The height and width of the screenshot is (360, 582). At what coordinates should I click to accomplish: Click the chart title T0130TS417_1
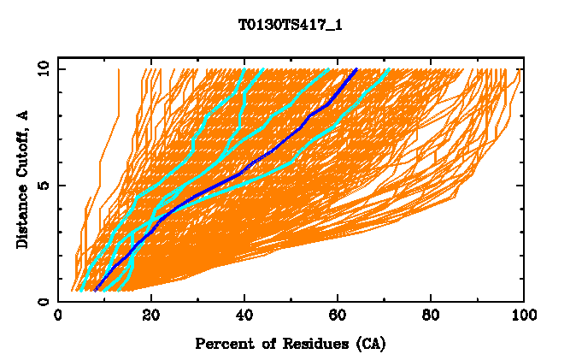(291, 24)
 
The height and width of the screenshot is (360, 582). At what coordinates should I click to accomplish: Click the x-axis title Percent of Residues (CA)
(291, 344)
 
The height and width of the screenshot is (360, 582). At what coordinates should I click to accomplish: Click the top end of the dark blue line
(356, 69)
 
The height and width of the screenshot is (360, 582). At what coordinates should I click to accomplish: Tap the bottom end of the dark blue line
(96, 290)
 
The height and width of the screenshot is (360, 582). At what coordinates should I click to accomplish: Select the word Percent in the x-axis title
(220, 344)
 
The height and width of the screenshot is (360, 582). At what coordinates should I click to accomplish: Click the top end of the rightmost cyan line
(389, 69)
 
